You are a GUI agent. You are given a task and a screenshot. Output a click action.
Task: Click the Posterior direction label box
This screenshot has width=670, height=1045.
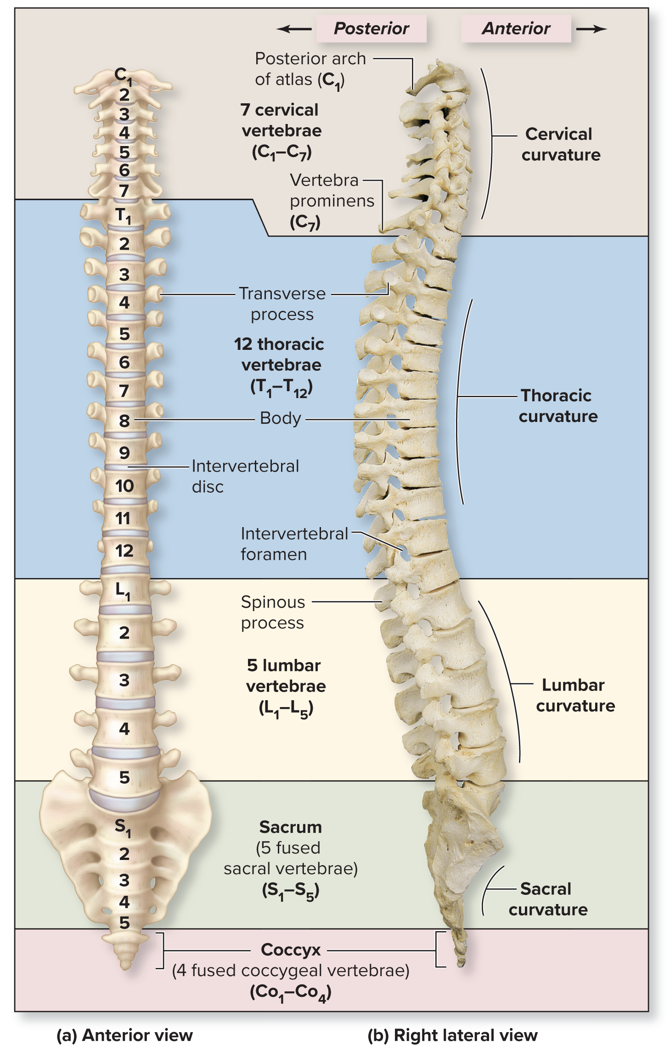[371, 28]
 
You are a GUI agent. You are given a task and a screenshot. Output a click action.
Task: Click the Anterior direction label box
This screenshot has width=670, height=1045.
[516, 28]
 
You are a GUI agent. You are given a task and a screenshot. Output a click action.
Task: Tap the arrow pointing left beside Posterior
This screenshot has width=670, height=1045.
[294, 29]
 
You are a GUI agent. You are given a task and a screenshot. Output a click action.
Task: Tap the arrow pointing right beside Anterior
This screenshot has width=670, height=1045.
[591, 29]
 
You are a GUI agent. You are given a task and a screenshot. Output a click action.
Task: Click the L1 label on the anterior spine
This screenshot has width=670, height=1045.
[123, 590]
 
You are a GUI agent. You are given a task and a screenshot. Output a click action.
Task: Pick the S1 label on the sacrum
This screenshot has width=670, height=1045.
[123, 826]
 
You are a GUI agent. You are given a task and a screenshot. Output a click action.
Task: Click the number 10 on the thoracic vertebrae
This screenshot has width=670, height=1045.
[124, 486]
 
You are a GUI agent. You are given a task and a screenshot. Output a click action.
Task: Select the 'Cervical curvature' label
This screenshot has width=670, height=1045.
[561, 144]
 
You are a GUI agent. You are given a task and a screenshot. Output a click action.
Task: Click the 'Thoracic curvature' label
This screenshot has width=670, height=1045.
[558, 406]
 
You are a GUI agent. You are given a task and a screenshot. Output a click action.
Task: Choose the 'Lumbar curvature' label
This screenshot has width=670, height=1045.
[575, 695]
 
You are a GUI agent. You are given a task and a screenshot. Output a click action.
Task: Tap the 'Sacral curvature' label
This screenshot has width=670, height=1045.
[548, 899]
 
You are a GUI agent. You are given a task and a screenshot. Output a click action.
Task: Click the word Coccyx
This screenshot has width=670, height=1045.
[291, 949]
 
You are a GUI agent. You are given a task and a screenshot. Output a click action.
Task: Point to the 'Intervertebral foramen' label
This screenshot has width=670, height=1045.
[294, 544]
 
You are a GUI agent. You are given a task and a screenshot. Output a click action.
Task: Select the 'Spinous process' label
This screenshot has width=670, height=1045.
[273, 612]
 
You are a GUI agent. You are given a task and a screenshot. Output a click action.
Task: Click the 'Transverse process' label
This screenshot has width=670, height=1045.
[282, 303]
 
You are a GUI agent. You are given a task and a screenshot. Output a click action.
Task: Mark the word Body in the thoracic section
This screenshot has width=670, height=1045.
[280, 418]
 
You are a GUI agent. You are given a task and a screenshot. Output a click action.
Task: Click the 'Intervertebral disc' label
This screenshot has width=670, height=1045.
[245, 476]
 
